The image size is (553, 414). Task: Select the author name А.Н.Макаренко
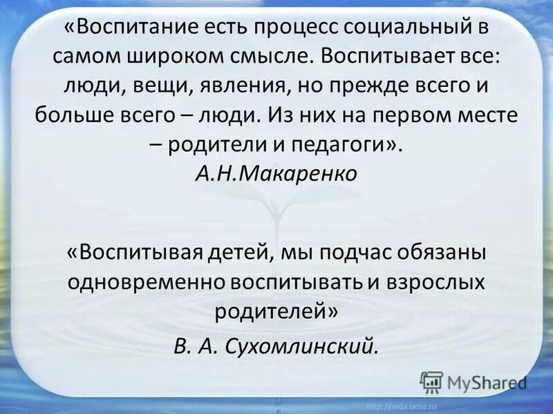tap(276, 174)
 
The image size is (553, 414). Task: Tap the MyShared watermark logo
tap(474, 382)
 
